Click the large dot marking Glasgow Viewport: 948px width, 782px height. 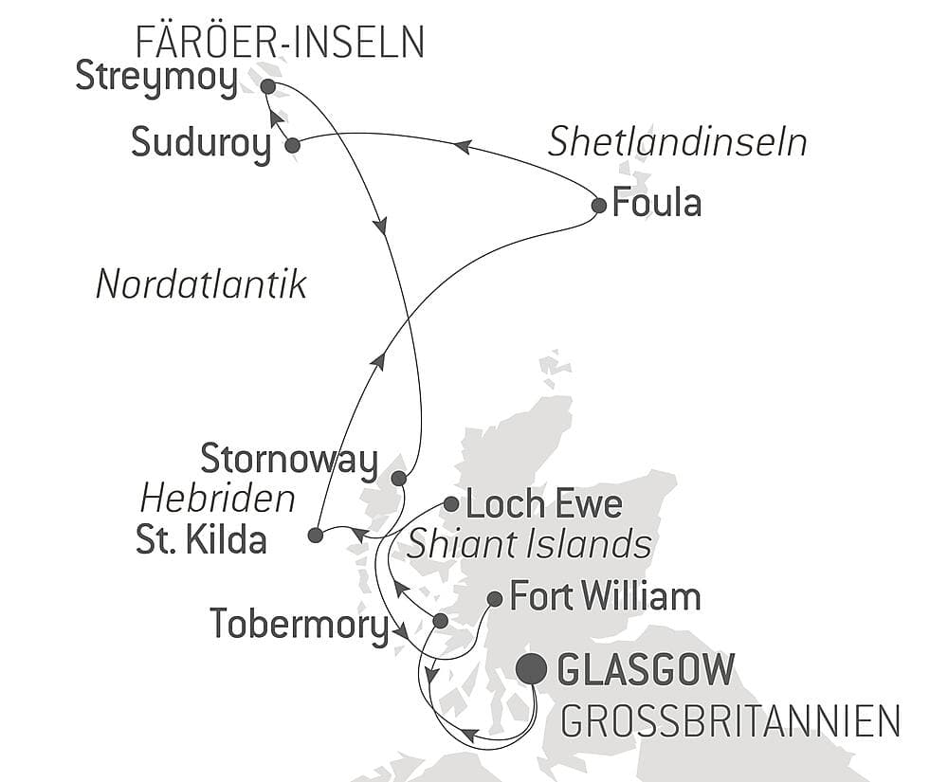tap(532, 669)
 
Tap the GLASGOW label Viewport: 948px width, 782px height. tap(647, 670)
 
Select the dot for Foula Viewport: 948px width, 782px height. tap(598, 205)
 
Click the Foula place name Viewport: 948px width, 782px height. tap(656, 203)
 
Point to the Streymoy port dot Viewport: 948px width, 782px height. tap(267, 87)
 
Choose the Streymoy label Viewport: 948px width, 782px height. tap(155, 80)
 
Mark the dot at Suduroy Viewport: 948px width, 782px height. tap(292, 145)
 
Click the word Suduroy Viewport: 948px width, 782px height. tap(201, 145)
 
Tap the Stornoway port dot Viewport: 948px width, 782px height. tap(399, 477)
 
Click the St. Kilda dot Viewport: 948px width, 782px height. tap(316, 536)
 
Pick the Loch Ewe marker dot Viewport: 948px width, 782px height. tap(452, 504)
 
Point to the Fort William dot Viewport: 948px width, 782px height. tap(494, 599)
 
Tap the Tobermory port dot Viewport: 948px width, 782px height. tap(440, 621)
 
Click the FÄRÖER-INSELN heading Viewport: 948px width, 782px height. tap(280, 44)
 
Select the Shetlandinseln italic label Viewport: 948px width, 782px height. tap(677, 143)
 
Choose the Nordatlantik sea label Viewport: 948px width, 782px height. tap(202, 284)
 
